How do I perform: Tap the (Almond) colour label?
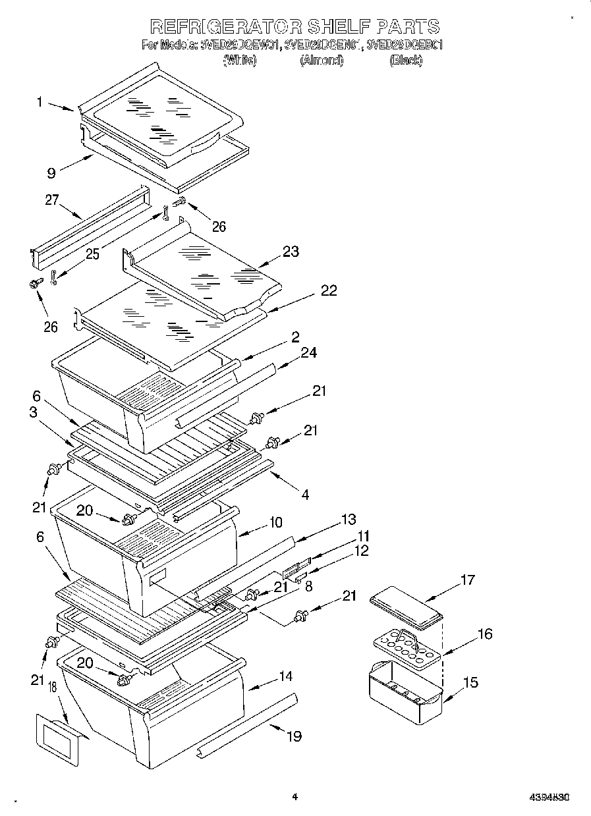coord(322,61)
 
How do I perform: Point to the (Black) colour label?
coord(405,61)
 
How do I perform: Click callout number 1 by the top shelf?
coord(40,101)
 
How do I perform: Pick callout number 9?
coord(51,174)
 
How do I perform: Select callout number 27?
coord(52,200)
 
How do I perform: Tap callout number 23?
coord(291,251)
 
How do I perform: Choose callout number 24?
coord(308,353)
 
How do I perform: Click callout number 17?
coord(467,580)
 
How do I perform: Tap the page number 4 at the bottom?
coord(295,796)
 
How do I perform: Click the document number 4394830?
coord(549,797)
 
